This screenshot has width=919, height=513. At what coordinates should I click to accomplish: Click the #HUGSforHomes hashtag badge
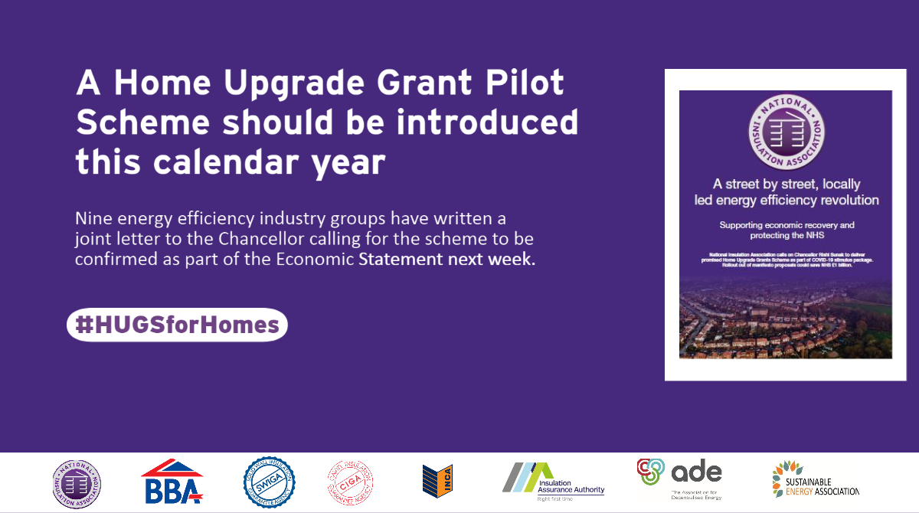[177, 325]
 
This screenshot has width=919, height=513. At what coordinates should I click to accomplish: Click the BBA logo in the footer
[172, 483]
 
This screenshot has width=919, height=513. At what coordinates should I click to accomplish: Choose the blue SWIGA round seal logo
[263, 482]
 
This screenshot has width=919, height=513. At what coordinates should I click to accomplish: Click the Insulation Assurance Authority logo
[553, 482]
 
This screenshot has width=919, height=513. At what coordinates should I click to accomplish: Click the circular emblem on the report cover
[786, 130]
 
